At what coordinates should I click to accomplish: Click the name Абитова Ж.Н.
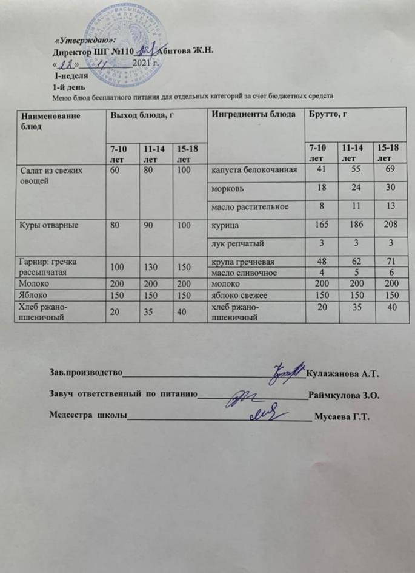pos(186,52)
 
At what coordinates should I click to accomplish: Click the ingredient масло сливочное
pos(241,273)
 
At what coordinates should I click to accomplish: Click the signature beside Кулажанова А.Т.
pos(288,371)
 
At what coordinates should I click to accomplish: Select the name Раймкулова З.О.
pos(344,395)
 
